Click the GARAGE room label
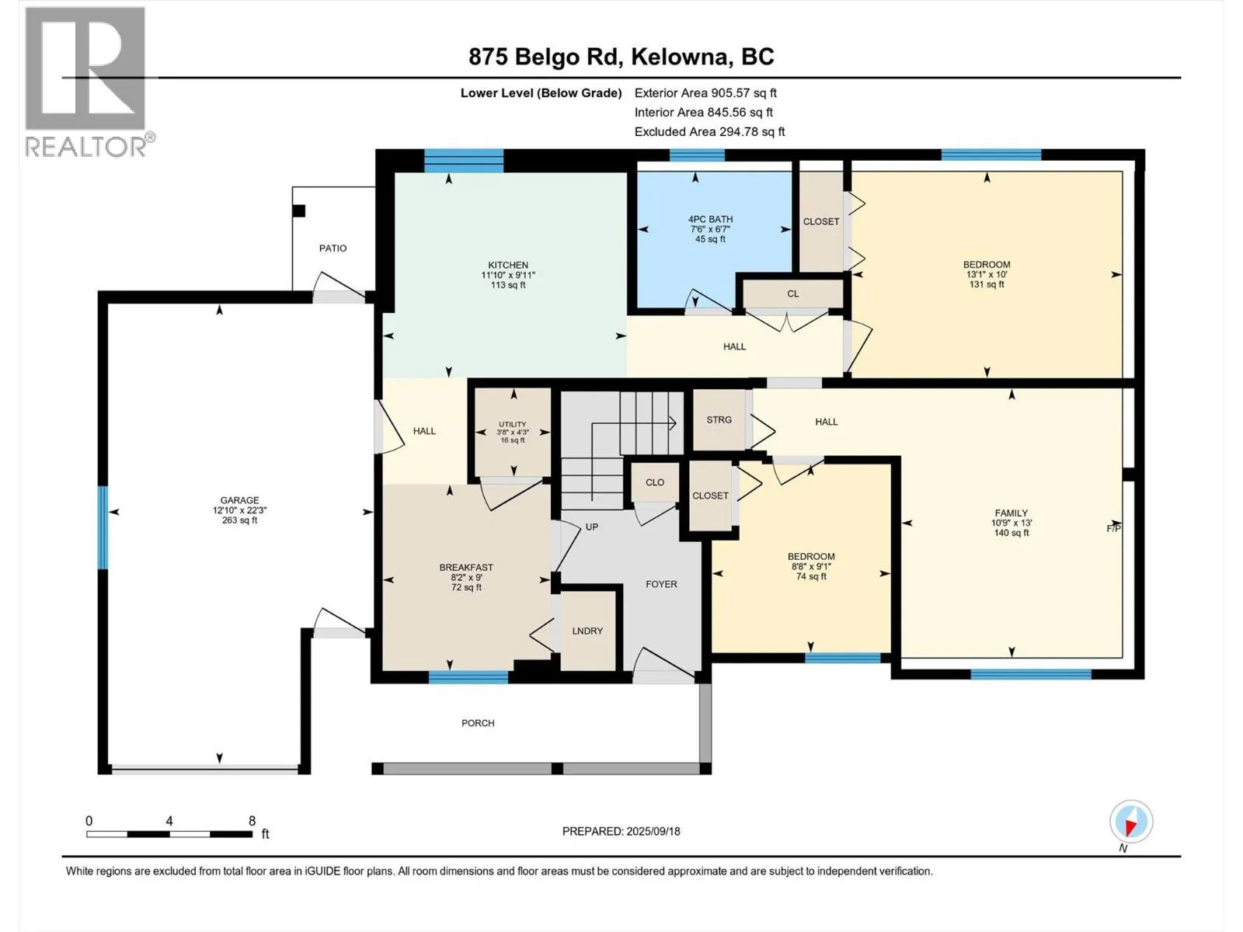(239, 500)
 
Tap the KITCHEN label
(508, 265)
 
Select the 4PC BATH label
(710, 219)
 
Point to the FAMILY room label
(1011, 513)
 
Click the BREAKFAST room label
(466, 567)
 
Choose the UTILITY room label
(513, 424)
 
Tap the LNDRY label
(587, 631)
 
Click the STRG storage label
(719, 420)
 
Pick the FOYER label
(661, 584)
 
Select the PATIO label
(333, 248)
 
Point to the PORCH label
(478, 723)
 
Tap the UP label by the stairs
(592, 527)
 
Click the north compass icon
(1131, 822)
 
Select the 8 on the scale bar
(252, 820)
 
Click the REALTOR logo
(89, 82)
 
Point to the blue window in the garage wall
(103, 527)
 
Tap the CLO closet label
(655, 482)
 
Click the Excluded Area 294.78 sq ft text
(709, 132)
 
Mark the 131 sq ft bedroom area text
(987, 284)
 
